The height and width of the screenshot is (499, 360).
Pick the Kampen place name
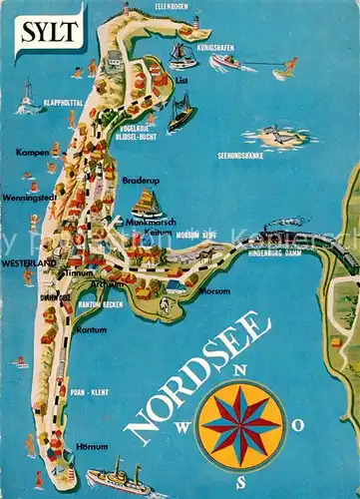tap(31, 153)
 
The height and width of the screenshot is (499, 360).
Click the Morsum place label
tap(215, 292)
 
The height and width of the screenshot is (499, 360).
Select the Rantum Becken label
tap(102, 304)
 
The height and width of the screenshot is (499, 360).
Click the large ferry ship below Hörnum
tap(118, 477)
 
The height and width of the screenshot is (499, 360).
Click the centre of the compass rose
tap(240, 426)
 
